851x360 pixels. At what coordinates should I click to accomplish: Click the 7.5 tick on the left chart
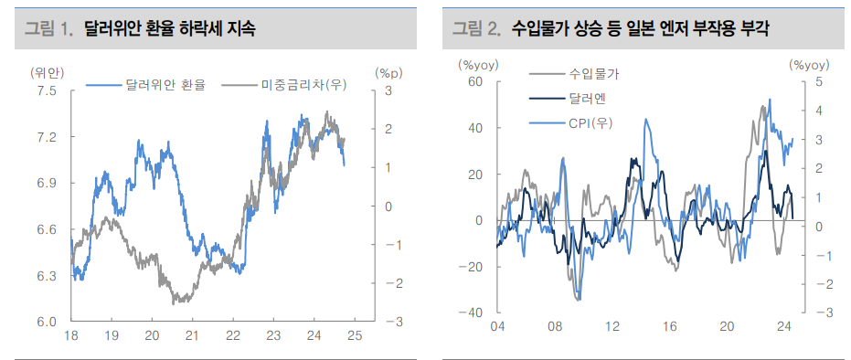pos(46,91)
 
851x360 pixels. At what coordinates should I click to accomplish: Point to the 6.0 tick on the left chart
pos(46,322)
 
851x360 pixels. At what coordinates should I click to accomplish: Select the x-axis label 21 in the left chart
pos(192,336)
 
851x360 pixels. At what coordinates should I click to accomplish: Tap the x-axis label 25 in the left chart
pos(355,336)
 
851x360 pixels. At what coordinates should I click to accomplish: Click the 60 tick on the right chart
pos(474,81)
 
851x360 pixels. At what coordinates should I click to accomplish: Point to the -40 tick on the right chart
pos(472,312)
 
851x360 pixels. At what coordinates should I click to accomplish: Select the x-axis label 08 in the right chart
pos(555,327)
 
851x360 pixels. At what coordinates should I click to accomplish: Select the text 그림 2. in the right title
pos(476,29)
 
